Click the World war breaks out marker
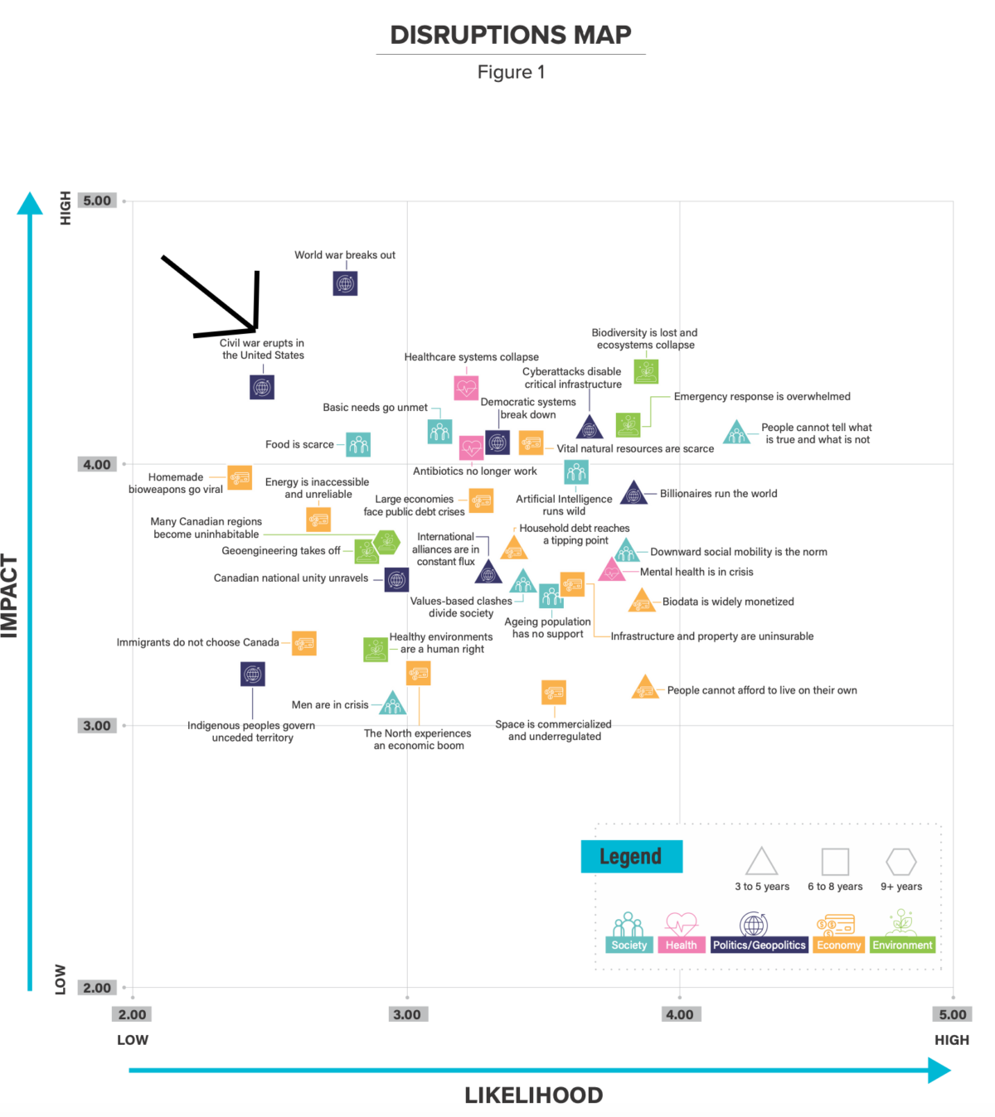coord(345,283)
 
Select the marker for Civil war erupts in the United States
coord(261,387)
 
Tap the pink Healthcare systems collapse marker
coord(466,388)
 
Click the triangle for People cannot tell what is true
coord(737,433)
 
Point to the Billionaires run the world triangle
coord(633,493)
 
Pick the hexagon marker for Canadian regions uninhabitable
coord(386,542)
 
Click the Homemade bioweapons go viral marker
coord(240,477)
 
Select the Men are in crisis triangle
coord(392,703)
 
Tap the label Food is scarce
coord(299,444)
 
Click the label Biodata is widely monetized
coord(728,602)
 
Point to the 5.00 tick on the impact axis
coord(97,201)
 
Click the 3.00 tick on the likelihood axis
coord(407,1014)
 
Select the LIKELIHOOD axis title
coord(534,1095)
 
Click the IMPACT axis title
coord(10,596)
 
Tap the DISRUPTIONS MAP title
coord(511,35)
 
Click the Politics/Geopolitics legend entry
coord(759,945)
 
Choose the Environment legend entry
coord(902,945)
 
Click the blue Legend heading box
coord(631,857)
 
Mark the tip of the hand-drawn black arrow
coord(255,330)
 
